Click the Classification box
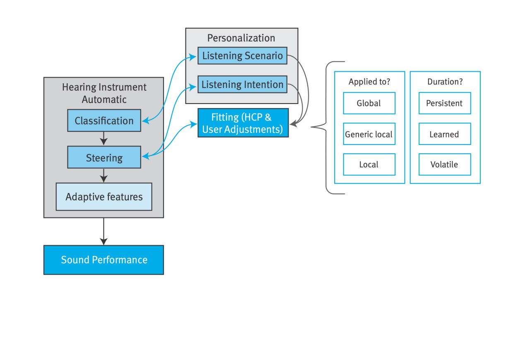pos(104,121)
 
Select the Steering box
pos(104,158)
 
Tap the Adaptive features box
pos(104,197)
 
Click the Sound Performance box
pos(104,260)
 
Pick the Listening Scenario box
pos(242,56)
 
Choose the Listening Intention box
pos(242,85)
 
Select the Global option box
pos(369,103)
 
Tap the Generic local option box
pos(369,134)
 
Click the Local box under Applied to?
pos(369,164)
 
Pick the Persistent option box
pos(444,103)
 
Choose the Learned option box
pos(444,134)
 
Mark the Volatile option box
pos(444,164)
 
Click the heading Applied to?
pos(369,82)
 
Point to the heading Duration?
pos(445,82)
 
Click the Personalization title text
pos(241,38)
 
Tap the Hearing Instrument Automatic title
pos(104,93)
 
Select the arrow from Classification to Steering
pos(104,138)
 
